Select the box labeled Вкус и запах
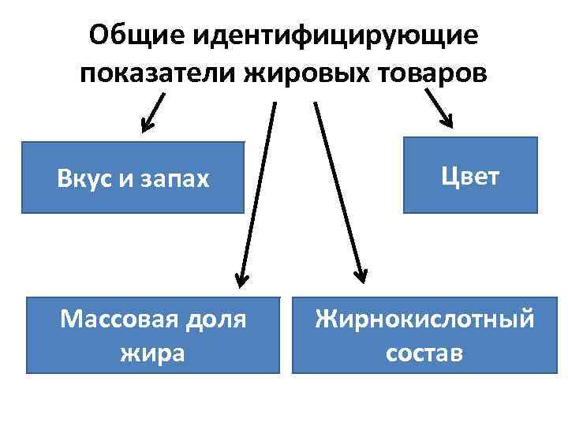point(133,177)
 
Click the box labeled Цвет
point(470,175)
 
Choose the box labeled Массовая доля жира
point(153,334)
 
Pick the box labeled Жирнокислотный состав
point(424,334)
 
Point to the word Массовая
point(117,319)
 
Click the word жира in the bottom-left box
point(153,352)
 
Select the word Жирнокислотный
point(424,319)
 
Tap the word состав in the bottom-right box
point(424,352)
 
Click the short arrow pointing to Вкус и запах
point(153,111)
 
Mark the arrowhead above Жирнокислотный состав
point(359,275)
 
